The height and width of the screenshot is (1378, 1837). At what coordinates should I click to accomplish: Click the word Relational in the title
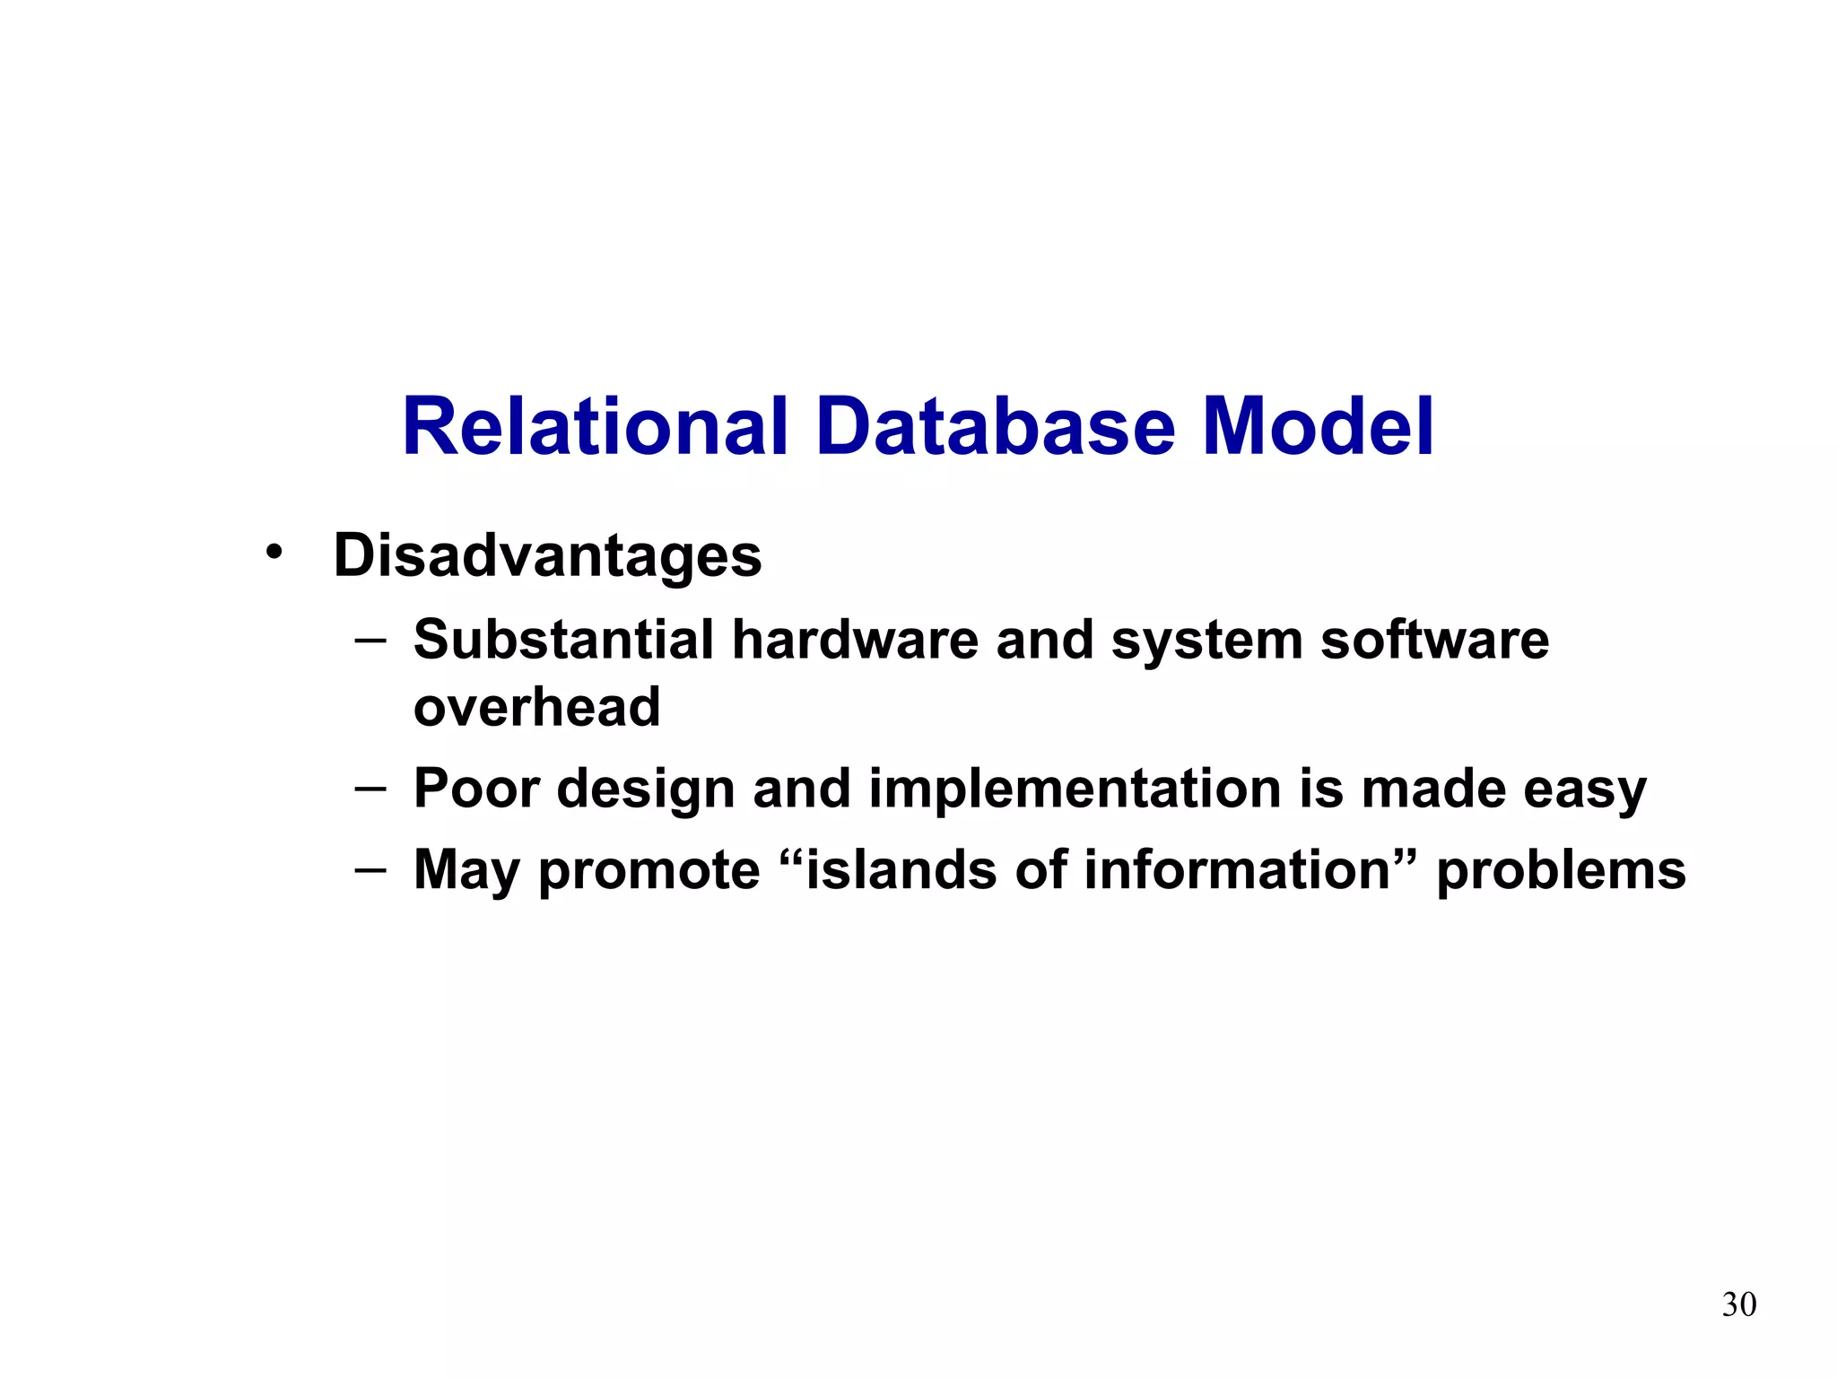(595, 427)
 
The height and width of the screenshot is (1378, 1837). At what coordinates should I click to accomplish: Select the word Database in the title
(995, 427)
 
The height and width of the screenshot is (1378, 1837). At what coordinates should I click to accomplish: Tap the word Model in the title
(1318, 427)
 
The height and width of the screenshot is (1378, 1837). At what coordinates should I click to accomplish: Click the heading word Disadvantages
(547, 555)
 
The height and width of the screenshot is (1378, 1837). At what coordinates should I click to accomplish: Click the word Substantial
(563, 640)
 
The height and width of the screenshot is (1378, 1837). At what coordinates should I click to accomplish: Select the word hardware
(855, 640)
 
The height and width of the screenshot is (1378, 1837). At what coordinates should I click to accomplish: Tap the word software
(1434, 640)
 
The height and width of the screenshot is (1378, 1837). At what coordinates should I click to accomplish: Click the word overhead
(536, 707)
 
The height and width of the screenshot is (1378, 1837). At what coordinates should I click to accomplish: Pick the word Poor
(476, 789)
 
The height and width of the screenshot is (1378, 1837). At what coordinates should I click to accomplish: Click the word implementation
(1075, 789)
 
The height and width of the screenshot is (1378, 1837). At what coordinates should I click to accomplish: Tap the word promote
(649, 871)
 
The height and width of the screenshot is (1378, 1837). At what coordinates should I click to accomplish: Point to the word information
(1236, 869)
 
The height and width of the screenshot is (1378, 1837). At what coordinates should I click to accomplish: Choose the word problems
(1561, 871)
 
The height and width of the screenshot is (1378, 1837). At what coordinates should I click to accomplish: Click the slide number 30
(1738, 1304)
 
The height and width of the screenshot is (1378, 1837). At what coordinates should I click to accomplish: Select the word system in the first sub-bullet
(1206, 641)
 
